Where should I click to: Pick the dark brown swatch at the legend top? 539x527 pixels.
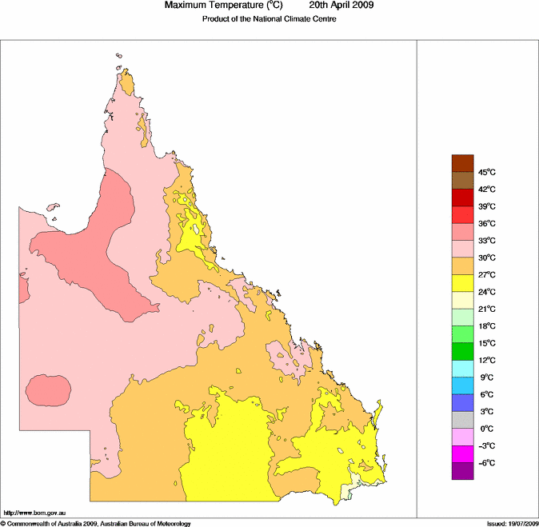463,163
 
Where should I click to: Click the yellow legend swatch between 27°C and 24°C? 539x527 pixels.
463,283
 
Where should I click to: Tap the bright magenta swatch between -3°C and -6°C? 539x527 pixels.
463,454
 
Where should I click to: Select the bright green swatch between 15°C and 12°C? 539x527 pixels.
463,352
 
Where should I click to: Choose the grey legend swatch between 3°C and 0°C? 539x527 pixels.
463,420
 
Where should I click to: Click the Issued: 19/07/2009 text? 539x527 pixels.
512,523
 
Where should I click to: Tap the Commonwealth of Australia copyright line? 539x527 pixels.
96,523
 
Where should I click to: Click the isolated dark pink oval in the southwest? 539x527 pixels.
48,391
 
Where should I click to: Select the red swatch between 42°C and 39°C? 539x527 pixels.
463,198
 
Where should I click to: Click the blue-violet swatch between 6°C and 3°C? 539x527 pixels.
463,403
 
